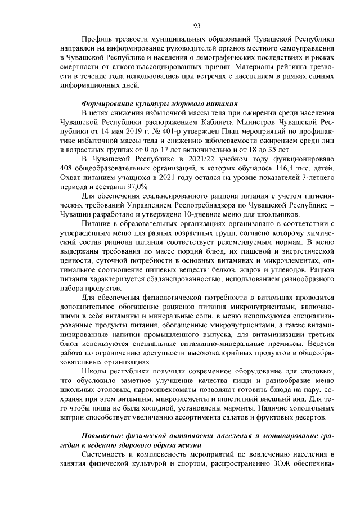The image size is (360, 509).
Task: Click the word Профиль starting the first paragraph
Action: [x=98, y=40]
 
